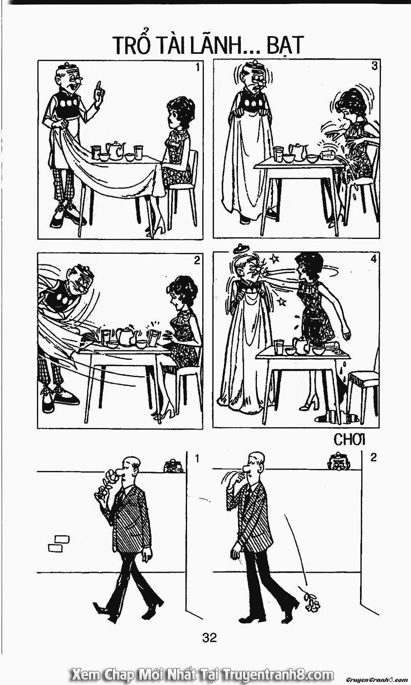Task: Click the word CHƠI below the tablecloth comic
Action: point(350,440)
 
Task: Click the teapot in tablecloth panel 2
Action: point(126,336)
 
